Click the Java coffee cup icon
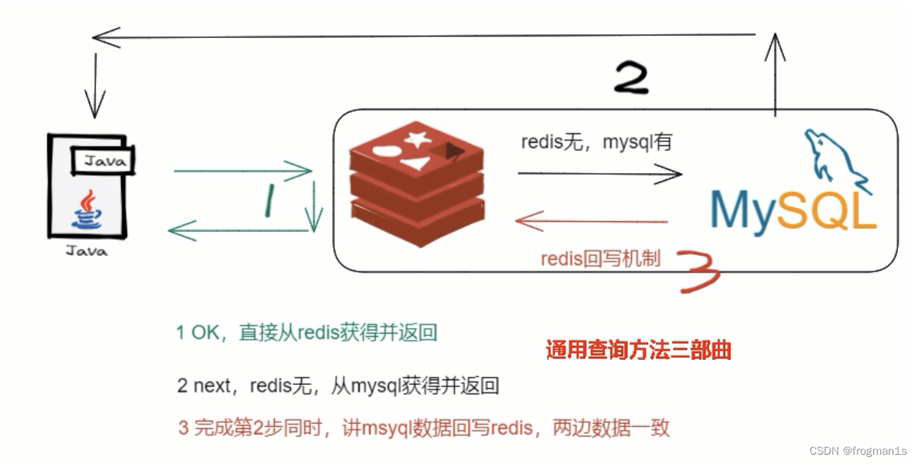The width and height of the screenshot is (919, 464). tap(88, 209)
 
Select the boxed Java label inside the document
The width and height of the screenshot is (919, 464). tap(104, 161)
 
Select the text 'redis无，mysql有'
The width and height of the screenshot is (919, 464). tap(596, 142)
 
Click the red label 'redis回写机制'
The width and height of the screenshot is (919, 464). tap(601, 258)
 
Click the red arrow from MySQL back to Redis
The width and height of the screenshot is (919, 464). tap(591, 221)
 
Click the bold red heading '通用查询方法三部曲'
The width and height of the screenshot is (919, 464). tap(638, 351)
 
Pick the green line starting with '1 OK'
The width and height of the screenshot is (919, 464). tap(307, 334)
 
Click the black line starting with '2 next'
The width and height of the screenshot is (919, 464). tap(337, 386)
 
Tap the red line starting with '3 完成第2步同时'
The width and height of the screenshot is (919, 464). tap(424, 428)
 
